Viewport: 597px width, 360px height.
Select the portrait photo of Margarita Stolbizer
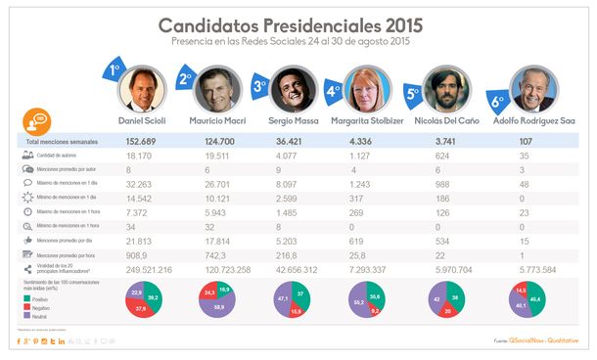[370, 91]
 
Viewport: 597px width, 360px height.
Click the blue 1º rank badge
[114, 71]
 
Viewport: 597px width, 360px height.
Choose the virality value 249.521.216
[143, 268]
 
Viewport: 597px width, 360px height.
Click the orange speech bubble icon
[34, 122]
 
